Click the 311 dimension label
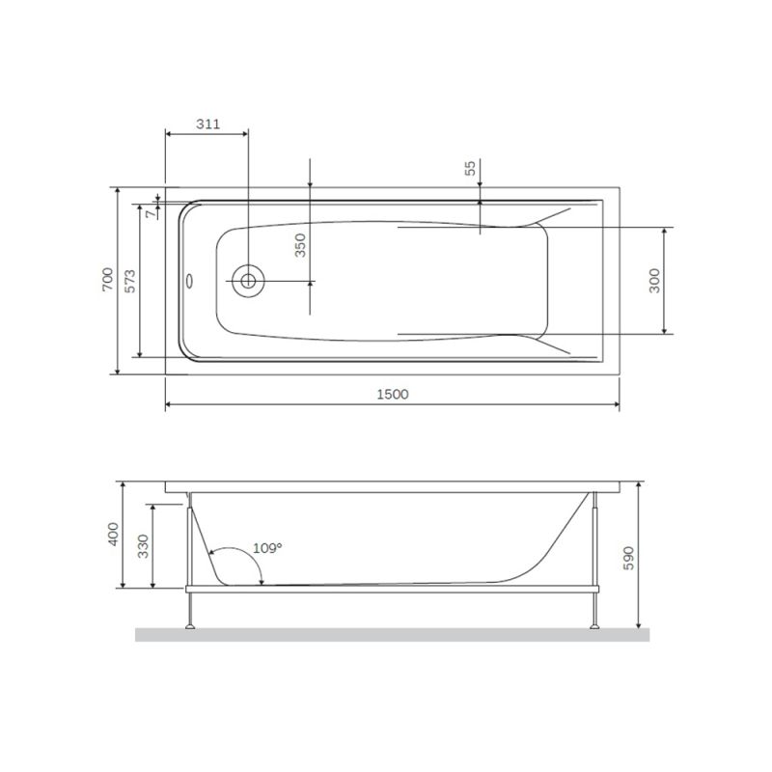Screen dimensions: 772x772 207,124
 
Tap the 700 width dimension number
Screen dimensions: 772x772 108,280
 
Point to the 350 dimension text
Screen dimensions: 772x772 300,245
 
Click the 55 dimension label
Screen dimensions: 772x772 470,168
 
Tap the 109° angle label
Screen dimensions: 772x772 267,548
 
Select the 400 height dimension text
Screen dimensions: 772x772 114,534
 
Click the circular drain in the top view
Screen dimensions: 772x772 248,281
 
